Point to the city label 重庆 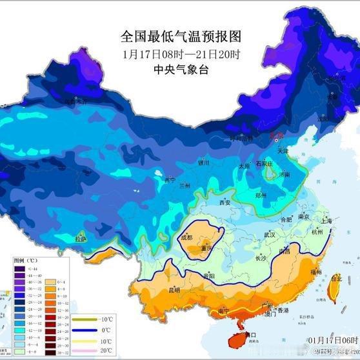[x=206, y=247]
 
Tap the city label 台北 [x=335, y=279]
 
